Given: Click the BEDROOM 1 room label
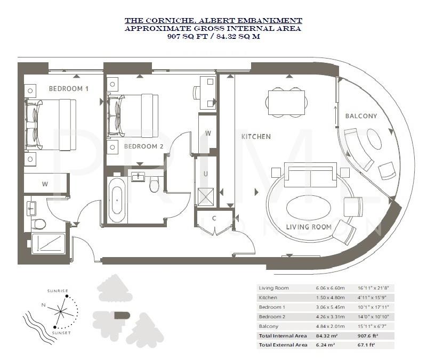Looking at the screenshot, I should pos(68,88).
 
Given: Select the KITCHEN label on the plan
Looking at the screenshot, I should pos(256,136).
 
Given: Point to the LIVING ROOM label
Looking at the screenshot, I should pos(309,227).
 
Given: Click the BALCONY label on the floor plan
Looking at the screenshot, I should pos(361,115).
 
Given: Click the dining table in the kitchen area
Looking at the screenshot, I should pos(286,102).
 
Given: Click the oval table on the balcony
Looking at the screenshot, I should pos(374,140).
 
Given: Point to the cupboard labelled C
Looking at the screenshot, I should pos(214,218).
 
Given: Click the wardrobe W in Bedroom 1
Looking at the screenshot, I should pos(45,184).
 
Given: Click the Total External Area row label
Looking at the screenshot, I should pos(283,345).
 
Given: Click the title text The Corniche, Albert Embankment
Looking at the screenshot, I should pos(213,20).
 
